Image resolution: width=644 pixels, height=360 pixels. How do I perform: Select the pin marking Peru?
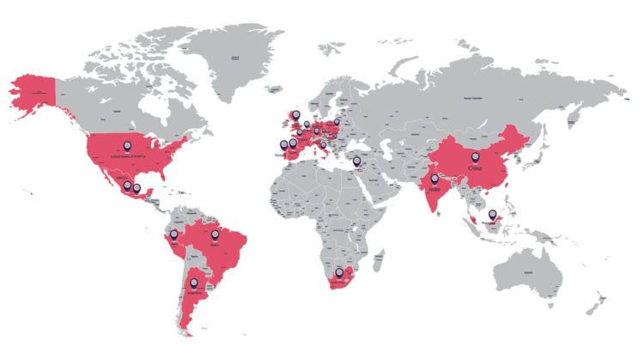pyautogui.click(x=173, y=234)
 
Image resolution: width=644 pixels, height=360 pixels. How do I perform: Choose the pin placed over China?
pyautogui.click(x=475, y=157)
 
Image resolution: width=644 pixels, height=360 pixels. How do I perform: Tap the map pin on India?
pyautogui.click(x=434, y=179)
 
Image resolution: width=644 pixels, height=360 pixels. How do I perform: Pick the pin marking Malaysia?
pyautogui.click(x=491, y=215)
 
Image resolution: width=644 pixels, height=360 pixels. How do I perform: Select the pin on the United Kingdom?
pyautogui.click(x=295, y=114)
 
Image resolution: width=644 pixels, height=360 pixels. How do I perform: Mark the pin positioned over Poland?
pyautogui.click(x=336, y=122)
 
